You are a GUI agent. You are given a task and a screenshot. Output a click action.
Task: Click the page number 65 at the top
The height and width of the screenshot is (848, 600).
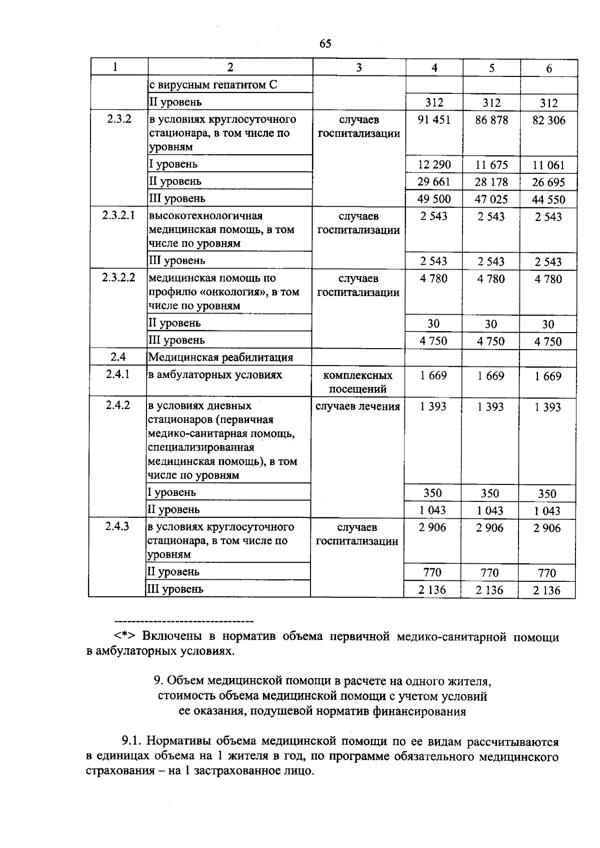[x=325, y=44]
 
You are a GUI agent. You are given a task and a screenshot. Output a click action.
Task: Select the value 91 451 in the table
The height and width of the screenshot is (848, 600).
[x=434, y=120]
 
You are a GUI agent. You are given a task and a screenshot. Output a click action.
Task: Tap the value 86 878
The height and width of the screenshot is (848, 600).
[x=491, y=120]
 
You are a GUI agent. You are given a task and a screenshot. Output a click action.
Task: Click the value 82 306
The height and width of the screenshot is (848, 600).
[x=549, y=120]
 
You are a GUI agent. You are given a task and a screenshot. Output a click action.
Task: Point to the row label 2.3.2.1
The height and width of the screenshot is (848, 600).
[x=118, y=216]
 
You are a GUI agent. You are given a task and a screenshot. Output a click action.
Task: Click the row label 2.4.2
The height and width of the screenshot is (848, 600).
[x=118, y=405]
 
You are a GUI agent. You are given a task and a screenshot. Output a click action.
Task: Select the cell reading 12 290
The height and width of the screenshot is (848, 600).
[x=434, y=165]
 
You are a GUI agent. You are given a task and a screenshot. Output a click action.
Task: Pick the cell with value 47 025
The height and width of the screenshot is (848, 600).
[x=491, y=200]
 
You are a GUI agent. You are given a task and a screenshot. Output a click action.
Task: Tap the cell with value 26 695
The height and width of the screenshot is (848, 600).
[x=549, y=182]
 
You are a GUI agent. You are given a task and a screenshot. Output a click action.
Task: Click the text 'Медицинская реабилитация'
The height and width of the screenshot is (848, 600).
[x=220, y=358]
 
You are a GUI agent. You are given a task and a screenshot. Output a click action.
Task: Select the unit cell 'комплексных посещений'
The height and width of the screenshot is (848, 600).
[x=358, y=382]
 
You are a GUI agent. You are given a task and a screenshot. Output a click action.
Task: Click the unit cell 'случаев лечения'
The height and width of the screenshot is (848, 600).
[x=358, y=407]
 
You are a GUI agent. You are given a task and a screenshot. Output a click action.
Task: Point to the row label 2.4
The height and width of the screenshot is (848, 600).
[x=118, y=357]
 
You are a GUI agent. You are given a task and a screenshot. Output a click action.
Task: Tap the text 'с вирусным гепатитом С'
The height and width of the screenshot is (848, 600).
[x=213, y=85]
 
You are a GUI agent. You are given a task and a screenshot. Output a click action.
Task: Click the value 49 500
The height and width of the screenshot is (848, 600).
[x=434, y=199]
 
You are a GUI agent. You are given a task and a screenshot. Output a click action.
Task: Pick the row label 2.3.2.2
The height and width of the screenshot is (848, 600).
[x=118, y=278]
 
